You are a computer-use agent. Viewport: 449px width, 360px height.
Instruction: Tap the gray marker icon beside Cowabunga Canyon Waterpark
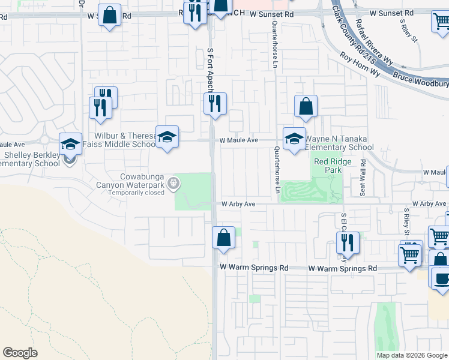(x=174, y=184)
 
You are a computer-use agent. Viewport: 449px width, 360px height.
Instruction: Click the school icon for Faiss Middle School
(x=167, y=136)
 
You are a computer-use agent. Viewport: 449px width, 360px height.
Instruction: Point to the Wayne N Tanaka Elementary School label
(x=340, y=143)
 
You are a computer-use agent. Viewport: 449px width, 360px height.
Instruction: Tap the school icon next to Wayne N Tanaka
(x=294, y=139)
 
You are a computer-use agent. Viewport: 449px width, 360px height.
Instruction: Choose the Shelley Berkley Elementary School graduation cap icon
(x=70, y=144)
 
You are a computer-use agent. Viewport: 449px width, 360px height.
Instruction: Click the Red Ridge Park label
(x=328, y=166)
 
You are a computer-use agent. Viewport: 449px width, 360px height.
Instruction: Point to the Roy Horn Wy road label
(x=360, y=64)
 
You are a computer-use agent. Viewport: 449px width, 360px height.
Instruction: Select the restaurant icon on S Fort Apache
(x=215, y=104)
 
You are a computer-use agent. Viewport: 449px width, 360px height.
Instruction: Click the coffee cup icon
(x=441, y=278)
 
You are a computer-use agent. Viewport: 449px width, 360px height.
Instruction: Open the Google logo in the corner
(x=20, y=353)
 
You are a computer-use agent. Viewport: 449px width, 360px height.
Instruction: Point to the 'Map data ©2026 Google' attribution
(x=412, y=355)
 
